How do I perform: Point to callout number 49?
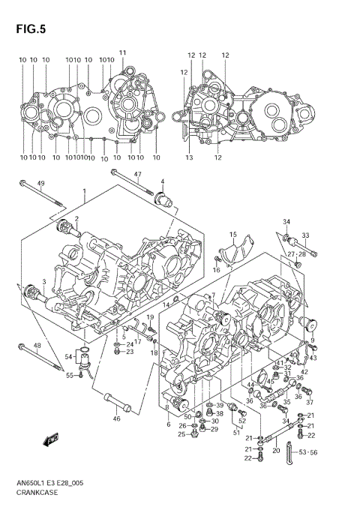pos(40,184)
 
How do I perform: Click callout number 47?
pos(137,175)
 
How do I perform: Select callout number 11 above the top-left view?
pos(122,52)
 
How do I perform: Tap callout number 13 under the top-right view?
pos(190,157)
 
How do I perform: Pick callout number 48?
pos(37,346)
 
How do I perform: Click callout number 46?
pos(116,418)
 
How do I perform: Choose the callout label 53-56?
pos(308,452)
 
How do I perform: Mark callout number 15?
pos(233,235)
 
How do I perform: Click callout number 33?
pos(306,235)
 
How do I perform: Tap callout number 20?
pos(276,451)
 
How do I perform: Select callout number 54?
pos(67,357)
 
